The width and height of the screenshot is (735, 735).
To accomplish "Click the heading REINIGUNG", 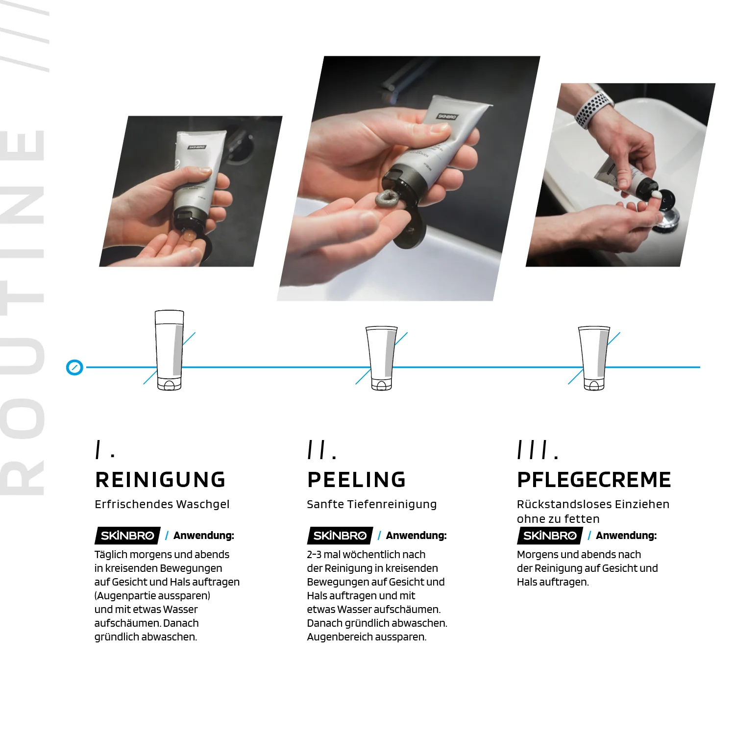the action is click(x=160, y=480).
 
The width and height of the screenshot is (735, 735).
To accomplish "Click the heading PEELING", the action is click(x=356, y=480).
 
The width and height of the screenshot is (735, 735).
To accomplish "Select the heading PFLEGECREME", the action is click(x=594, y=480).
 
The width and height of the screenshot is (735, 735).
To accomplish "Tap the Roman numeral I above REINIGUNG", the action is click(x=99, y=449).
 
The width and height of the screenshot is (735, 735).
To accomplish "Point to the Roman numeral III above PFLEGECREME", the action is click(x=532, y=449).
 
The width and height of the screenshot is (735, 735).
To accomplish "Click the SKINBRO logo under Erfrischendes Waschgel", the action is click(x=127, y=536).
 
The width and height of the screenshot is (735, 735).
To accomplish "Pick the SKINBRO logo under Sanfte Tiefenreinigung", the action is click(x=340, y=536).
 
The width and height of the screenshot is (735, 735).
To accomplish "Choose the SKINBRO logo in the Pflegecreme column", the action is click(x=550, y=536).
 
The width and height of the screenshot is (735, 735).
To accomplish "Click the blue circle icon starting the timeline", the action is click(x=74, y=367).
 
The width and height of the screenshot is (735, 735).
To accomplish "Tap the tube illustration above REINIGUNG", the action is click(x=169, y=350).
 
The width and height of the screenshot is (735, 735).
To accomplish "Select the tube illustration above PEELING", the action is click(x=381, y=358).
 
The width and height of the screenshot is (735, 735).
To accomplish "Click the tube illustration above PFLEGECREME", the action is click(x=594, y=358).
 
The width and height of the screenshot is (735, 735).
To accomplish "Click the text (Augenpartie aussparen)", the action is click(x=152, y=596).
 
